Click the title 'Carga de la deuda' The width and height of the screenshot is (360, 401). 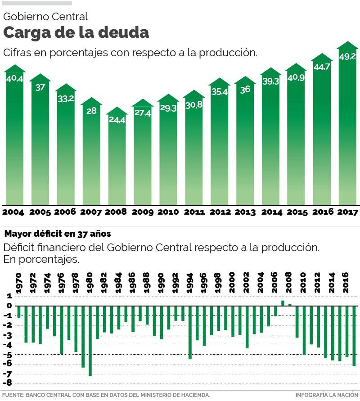tap(76, 33)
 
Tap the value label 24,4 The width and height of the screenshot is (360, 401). tap(117, 120)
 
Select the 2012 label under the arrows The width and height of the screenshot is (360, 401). tap(220, 212)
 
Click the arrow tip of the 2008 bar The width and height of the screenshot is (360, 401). tap(117, 110)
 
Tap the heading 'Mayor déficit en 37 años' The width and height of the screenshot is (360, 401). tap(57, 234)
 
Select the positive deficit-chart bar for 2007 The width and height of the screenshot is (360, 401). tap(283, 303)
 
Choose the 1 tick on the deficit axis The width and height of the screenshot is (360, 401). tap(9, 297)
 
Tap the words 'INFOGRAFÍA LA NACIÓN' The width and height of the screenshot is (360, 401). tap(327, 395)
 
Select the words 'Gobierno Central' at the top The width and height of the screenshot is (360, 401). tap(45, 17)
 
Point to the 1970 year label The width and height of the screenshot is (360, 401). tap(19, 283)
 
